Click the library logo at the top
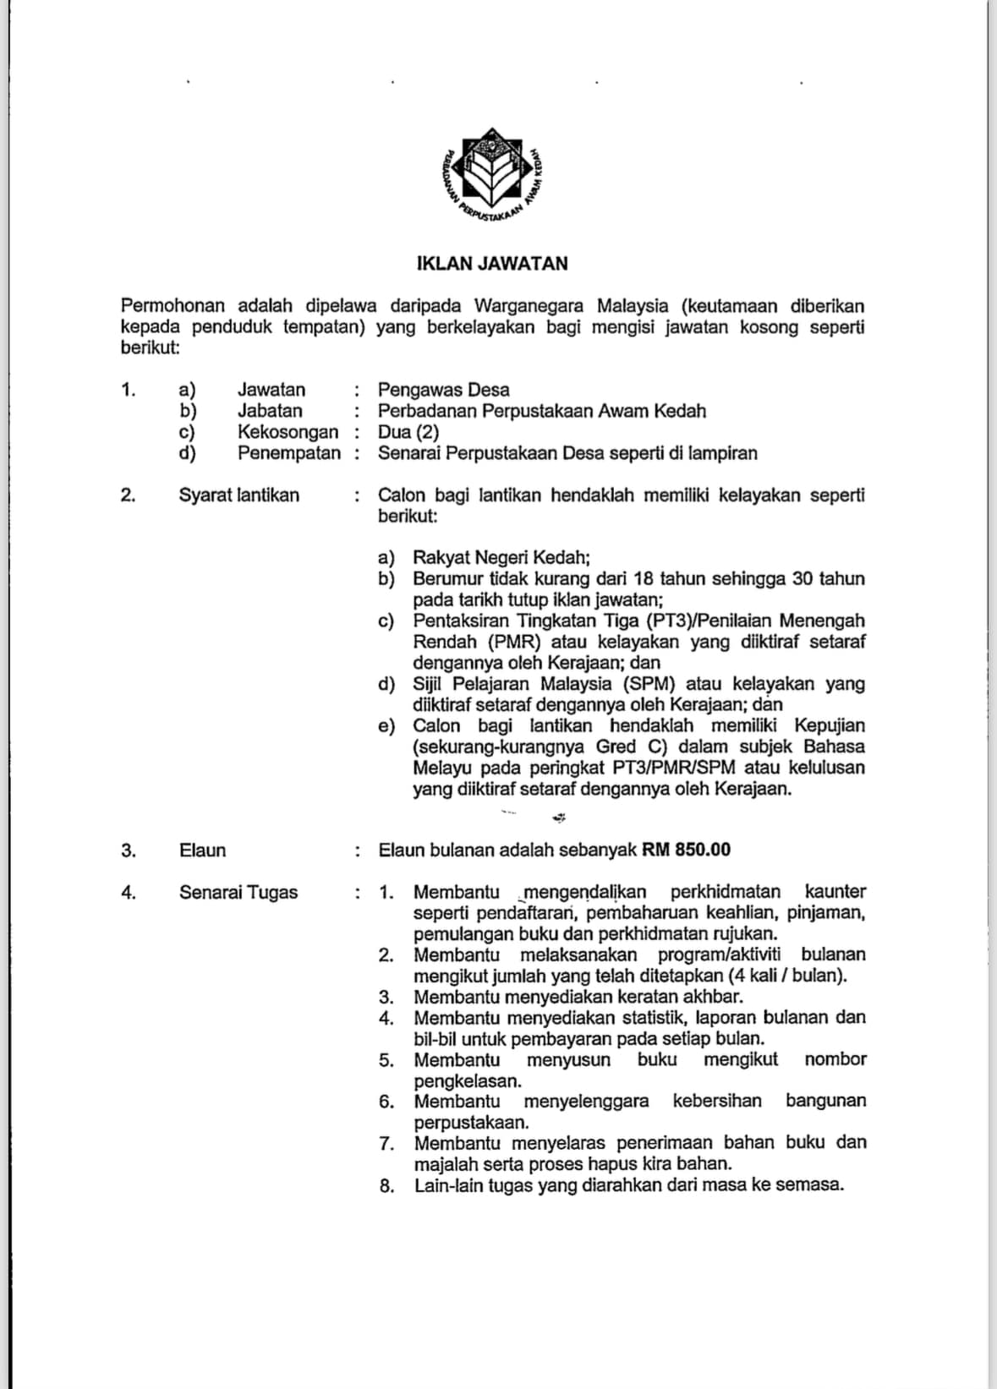coord(493,178)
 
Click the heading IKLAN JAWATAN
coord(492,264)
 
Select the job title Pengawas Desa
coord(443,390)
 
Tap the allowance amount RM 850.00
coord(686,850)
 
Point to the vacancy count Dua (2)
coord(408,432)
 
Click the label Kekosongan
coord(288,432)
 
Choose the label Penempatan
coord(288,453)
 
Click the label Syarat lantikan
coord(238,495)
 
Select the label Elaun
coord(202,850)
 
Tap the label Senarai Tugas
coord(238,893)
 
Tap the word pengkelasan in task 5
coord(468,1080)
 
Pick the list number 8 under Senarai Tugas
coord(386,1186)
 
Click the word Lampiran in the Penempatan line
coord(721,453)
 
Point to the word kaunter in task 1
coord(835,892)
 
